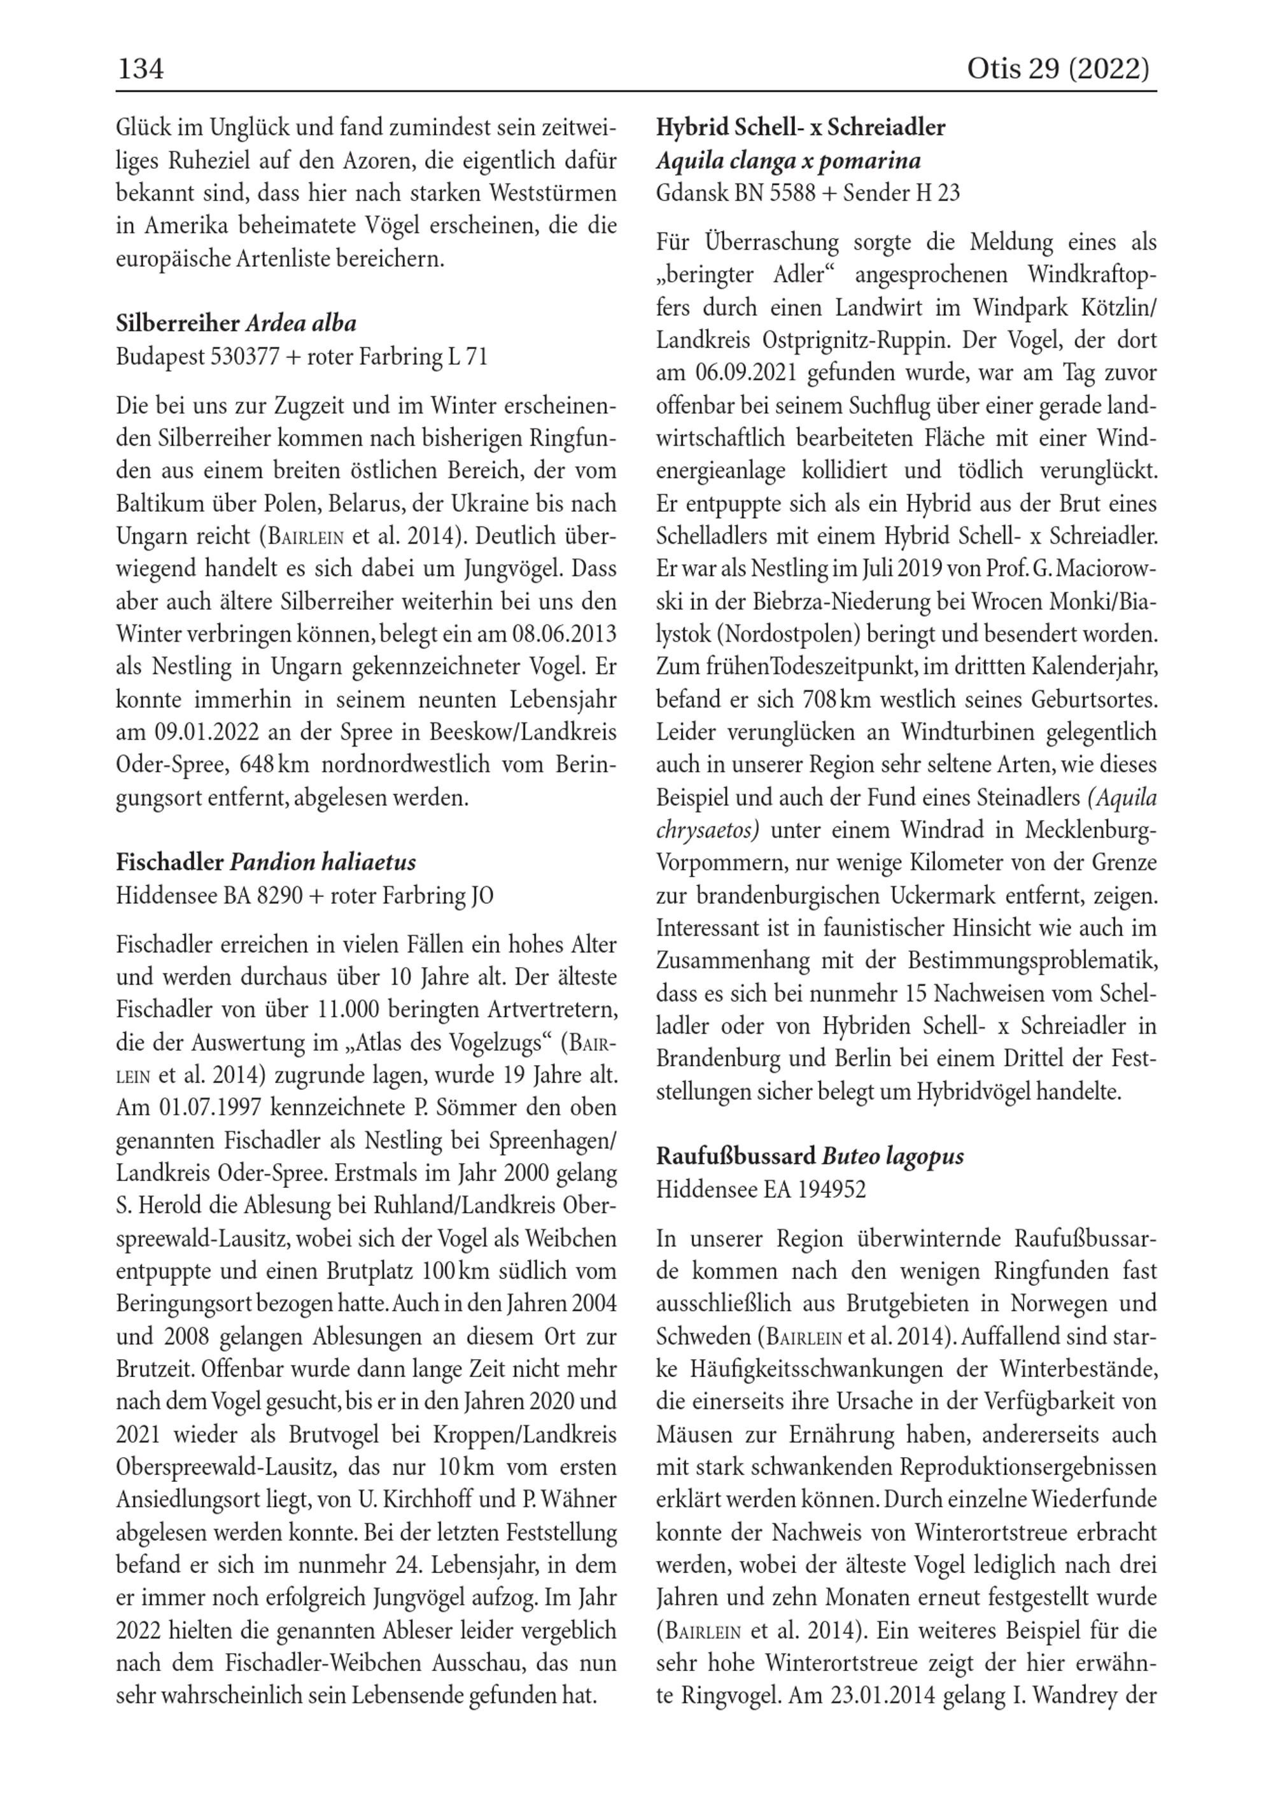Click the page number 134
(141, 69)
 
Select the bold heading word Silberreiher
(178, 324)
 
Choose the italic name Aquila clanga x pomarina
(788, 161)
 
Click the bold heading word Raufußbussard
(736, 1157)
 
